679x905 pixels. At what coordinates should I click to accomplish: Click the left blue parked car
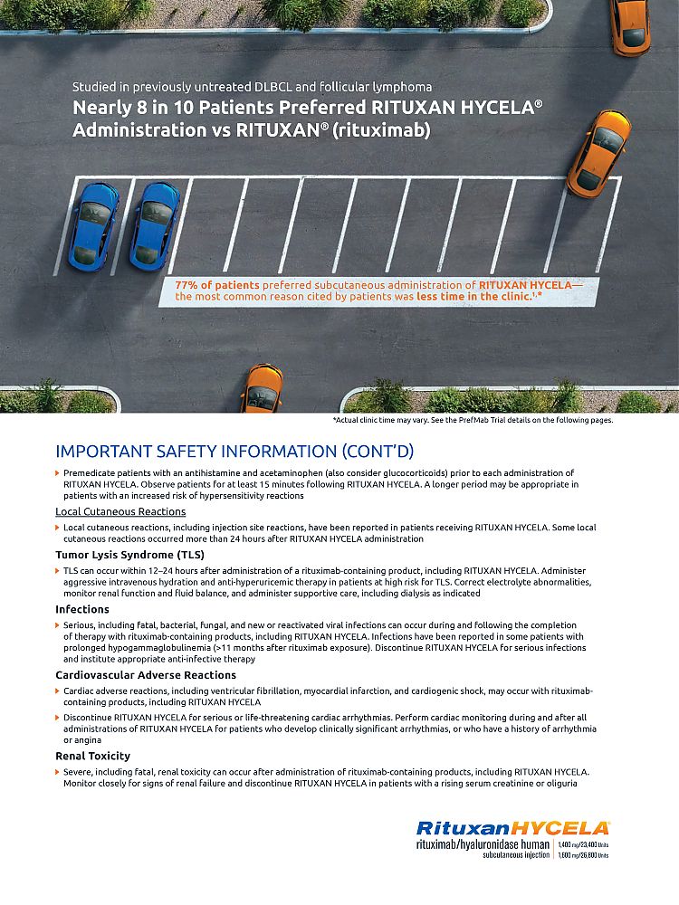(x=93, y=224)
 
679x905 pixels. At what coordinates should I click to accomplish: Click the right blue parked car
(x=154, y=224)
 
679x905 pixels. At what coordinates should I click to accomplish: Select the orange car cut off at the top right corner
(x=630, y=25)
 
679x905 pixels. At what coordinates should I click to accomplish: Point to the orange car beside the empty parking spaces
(x=598, y=152)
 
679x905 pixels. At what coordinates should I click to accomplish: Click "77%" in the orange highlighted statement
(x=188, y=285)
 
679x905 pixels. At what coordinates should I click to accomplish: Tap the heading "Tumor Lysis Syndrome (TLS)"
(x=129, y=554)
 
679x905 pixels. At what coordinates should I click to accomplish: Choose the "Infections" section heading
(x=82, y=610)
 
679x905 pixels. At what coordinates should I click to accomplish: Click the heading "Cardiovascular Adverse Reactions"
(x=146, y=675)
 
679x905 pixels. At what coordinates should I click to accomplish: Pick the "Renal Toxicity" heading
(x=92, y=756)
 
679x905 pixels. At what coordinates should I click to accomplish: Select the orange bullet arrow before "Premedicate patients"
(x=58, y=473)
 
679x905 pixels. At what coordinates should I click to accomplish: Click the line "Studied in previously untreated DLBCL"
(x=253, y=87)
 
